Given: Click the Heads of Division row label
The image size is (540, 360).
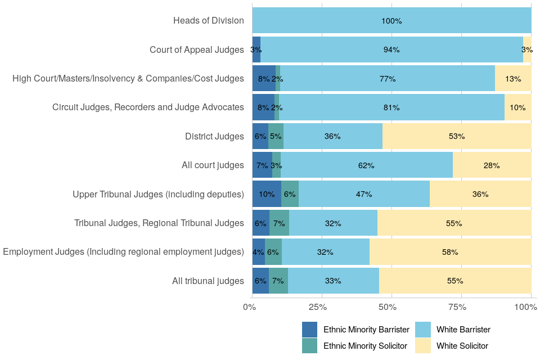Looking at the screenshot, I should [x=209, y=21].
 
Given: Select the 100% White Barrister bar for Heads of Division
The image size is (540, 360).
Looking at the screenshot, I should [x=391, y=21].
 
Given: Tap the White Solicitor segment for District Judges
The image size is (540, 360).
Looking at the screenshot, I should [x=457, y=136].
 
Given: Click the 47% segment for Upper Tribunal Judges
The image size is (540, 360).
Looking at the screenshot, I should [x=364, y=194].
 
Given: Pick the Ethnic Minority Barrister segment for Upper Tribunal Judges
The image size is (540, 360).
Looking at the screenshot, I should [x=267, y=194].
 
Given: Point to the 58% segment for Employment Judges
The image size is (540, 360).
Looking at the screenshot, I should [x=450, y=252].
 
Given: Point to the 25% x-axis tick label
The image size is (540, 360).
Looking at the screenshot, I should [x=318, y=307].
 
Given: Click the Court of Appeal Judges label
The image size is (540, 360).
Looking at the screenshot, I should [x=197, y=49].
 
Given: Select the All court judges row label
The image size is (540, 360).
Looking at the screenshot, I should [x=213, y=165].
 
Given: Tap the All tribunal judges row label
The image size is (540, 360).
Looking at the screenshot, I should [x=208, y=281].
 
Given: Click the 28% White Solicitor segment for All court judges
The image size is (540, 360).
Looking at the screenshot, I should [x=492, y=165].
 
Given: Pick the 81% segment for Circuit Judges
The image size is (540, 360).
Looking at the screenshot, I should [x=391, y=107].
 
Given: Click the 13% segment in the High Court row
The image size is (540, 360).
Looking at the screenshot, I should [x=513, y=79].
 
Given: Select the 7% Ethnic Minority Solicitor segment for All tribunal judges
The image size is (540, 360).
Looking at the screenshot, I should [x=278, y=281].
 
